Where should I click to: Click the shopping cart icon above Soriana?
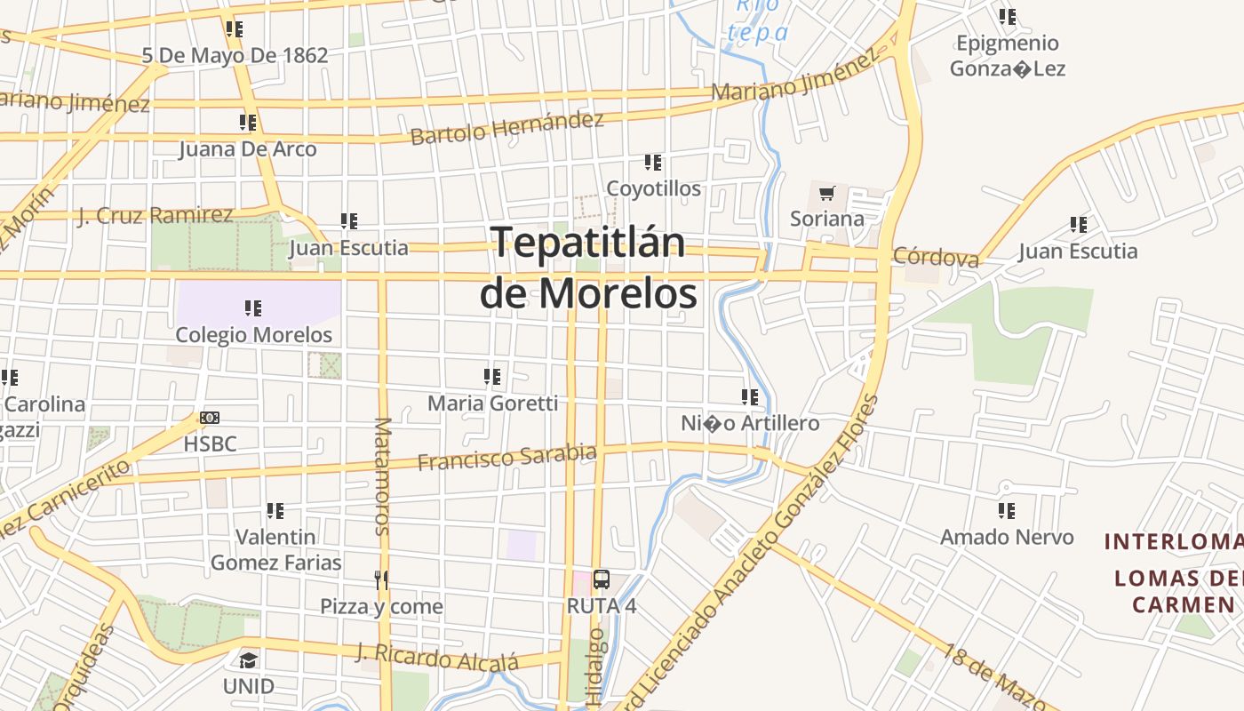pyautogui.click(x=827, y=193)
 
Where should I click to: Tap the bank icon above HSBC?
pyautogui.click(x=210, y=418)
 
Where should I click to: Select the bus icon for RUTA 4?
pyautogui.click(x=602, y=580)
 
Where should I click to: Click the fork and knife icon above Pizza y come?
pyautogui.click(x=381, y=580)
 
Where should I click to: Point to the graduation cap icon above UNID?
pyautogui.click(x=248, y=660)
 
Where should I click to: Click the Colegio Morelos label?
pyautogui.click(x=254, y=335)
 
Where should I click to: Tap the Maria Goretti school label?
pyautogui.click(x=493, y=403)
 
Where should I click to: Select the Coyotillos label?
pyautogui.click(x=653, y=188)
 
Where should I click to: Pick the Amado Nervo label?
pyautogui.click(x=1007, y=537)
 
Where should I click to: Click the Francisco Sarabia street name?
pyautogui.click(x=506, y=458)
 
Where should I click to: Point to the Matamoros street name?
pyautogui.click(x=383, y=476)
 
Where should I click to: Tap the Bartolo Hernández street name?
pyautogui.click(x=506, y=128)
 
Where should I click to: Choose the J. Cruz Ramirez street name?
pyautogui.click(x=155, y=215)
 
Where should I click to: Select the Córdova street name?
pyautogui.click(x=936, y=257)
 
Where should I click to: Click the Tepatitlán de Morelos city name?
pyautogui.click(x=588, y=268)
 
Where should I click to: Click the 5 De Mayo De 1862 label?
pyautogui.click(x=235, y=55)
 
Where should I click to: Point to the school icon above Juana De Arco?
pyautogui.click(x=248, y=123)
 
